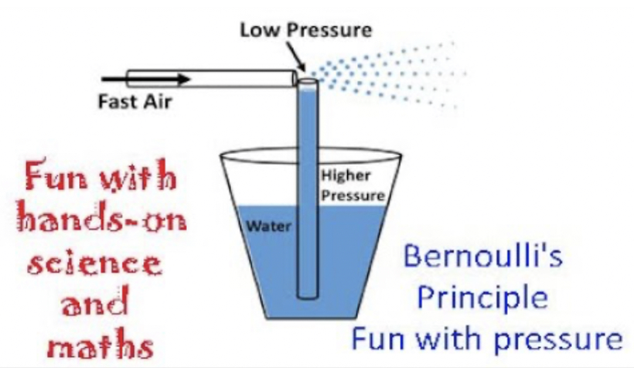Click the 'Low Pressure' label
point(305,31)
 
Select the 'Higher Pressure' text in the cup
point(352,186)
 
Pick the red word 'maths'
point(97,346)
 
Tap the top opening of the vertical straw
point(306,80)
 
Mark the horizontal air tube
point(209,78)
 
